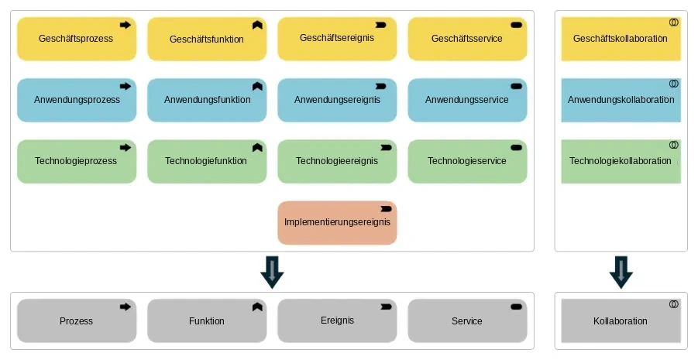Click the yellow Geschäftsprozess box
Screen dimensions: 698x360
tap(77, 39)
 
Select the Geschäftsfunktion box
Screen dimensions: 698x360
tap(207, 39)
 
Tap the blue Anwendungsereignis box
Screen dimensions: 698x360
tap(337, 100)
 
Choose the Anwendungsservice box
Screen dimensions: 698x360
tap(467, 100)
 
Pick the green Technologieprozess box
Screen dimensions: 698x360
tap(77, 162)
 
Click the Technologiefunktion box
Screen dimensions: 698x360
tap(207, 162)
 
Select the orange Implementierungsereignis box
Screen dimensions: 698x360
tap(337, 222)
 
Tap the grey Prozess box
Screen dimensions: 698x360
tap(77, 321)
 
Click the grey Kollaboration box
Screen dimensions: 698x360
tap(621, 321)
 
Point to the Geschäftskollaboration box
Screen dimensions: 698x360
tap(621, 39)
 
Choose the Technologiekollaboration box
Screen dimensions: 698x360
tap(621, 162)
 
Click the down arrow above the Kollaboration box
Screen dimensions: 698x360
tap(621, 272)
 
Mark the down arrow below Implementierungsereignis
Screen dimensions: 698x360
tap(272, 272)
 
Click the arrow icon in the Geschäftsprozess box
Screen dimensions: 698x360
tap(126, 25)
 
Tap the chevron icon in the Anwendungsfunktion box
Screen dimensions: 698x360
tap(257, 87)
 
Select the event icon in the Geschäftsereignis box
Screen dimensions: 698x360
tap(380, 25)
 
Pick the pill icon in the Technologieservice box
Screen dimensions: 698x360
tap(517, 148)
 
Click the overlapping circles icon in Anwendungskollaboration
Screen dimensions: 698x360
tap(674, 83)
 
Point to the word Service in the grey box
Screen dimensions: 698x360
tap(467, 321)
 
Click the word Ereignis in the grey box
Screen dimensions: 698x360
tap(338, 321)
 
